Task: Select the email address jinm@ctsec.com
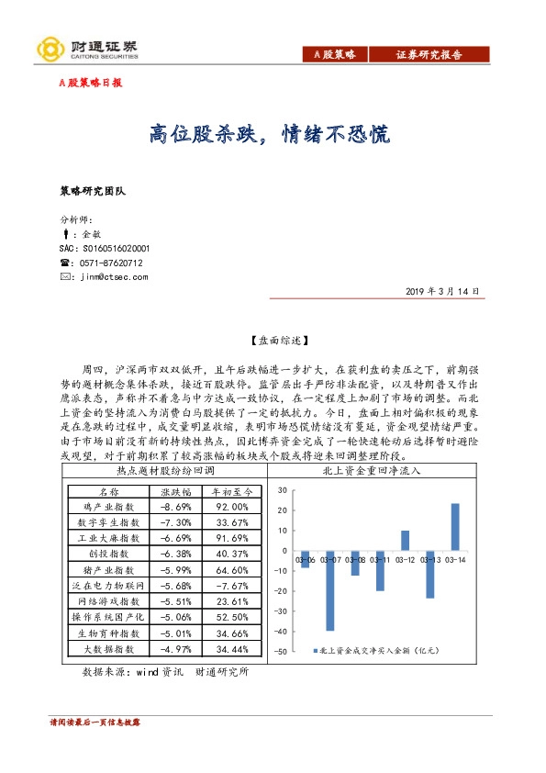coord(114,276)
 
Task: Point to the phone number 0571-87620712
coord(111,263)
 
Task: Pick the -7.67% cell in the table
coord(234,585)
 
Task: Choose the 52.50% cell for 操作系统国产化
coord(234,617)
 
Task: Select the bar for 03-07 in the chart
coord(329,591)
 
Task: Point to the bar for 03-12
coord(405,540)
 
